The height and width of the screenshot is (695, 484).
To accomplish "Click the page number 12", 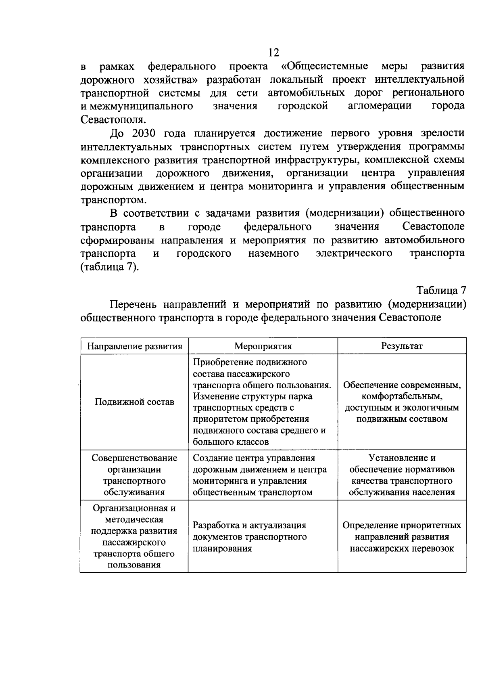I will pyautogui.click(x=273, y=53).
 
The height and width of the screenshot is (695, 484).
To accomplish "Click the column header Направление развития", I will pyautogui.click(x=135, y=346).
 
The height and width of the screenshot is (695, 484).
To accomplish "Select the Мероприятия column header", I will pyautogui.click(x=263, y=346).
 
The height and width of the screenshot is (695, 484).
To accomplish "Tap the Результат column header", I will pyautogui.click(x=402, y=346).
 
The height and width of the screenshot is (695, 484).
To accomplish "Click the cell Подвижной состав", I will pyautogui.click(x=135, y=402).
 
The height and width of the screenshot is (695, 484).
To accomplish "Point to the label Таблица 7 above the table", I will pyautogui.click(x=441, y=291).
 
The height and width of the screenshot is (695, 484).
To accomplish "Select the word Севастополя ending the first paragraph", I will pyautogui.click(x=112, y=119).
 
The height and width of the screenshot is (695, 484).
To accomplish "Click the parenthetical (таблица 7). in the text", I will pyautogui.click(x=110, y=267).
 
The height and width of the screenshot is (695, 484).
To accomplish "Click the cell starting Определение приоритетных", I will pyautogui.click(x=402, y=537).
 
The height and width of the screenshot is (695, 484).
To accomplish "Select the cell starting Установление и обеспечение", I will pyautogui.click(x=402, y=475).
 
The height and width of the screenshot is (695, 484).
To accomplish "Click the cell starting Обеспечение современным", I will pyautogui.click(x=402, y=402).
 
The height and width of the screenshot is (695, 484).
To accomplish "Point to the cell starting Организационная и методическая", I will pyautogui.click(x=135, y=536).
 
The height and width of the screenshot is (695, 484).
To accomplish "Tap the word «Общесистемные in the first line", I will pyautogui.click(x=324, y=66).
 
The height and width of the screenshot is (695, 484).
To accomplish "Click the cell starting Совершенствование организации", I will pyautogui.click(x=135, y=475).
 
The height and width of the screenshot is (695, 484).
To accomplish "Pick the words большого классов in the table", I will pyautogui.click(x=231, y=442).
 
